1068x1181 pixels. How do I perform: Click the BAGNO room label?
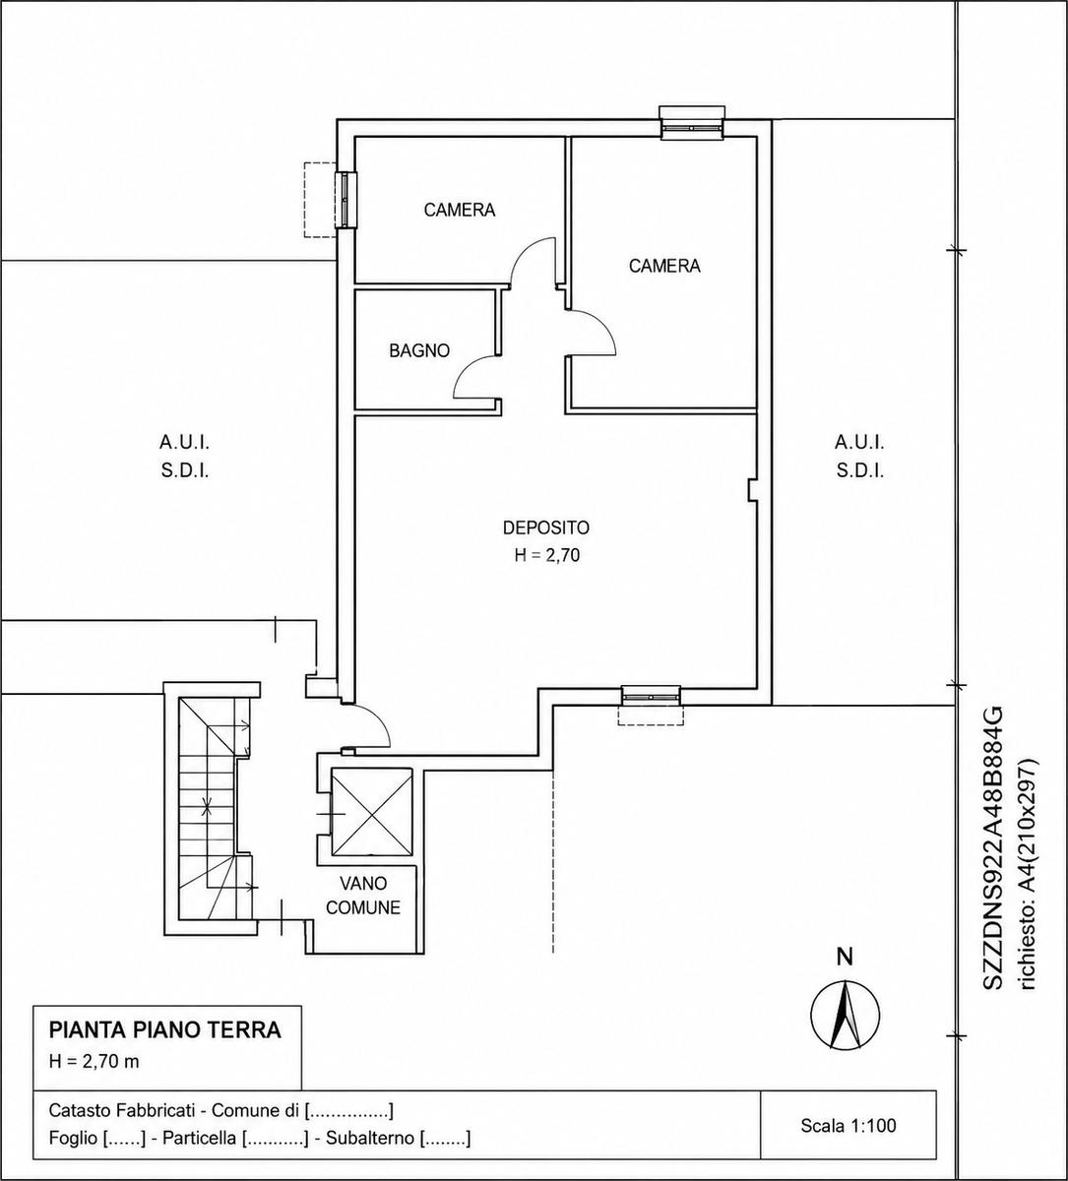[419, 351]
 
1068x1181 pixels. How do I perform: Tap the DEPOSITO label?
[545, 528]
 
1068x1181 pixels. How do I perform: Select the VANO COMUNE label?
[363, 896]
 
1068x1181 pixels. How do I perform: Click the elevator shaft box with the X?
[371, 813]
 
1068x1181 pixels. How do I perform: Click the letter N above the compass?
[846, 958]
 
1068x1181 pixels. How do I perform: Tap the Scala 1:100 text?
[848, 1126]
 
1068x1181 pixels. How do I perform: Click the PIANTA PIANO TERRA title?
[165, 1029]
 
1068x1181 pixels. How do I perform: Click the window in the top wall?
[692, 127]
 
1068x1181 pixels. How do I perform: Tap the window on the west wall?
[346, 200]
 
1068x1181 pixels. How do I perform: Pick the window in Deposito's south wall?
[652, 697]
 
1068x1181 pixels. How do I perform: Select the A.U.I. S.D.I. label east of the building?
[860, 456]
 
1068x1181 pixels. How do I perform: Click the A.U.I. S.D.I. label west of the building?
[184, 456]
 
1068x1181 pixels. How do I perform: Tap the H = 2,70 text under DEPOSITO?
[546, 555]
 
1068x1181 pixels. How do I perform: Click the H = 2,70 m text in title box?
[94, 1062]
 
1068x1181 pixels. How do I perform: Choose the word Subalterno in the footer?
[370, 1138]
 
